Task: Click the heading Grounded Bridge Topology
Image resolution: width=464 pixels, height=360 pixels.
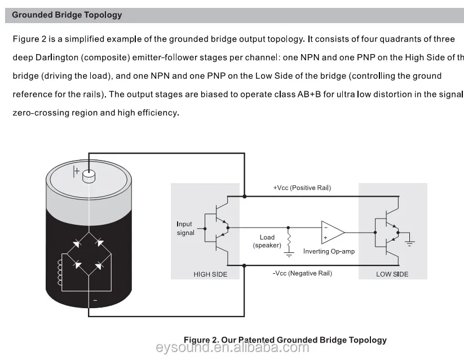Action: [67, 15]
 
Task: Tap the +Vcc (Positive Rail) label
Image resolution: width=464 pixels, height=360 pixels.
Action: [302, 188]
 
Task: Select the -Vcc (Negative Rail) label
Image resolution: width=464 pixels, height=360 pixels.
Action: [302, 273]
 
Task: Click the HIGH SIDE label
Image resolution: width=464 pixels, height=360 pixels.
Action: [210, 274]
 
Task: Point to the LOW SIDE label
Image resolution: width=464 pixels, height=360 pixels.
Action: [392, 274]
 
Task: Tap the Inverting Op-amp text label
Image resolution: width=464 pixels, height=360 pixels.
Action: [329, 251]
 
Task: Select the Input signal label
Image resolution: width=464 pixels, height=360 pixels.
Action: [185, 228]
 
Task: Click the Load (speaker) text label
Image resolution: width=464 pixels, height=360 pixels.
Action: [267, 241]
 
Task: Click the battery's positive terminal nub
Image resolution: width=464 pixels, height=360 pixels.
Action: [89, 176]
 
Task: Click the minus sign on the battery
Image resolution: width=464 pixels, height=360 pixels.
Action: [94, 301]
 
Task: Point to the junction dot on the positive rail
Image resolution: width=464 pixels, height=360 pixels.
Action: [244, 196]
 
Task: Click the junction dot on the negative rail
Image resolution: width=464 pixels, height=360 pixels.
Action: [244, 265]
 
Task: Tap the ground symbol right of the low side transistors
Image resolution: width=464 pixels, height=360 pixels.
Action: [410, 242]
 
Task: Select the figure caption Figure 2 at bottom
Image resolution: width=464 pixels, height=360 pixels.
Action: [285, 340]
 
